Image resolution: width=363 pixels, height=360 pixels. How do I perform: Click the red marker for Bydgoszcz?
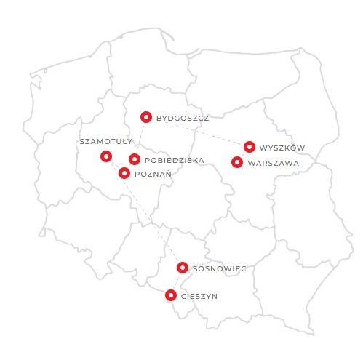point(146,116)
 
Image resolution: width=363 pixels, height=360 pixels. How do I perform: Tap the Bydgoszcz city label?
point(183,117)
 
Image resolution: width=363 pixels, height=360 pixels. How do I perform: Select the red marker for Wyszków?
point(250,147)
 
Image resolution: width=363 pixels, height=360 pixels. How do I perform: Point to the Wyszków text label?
point(282,148)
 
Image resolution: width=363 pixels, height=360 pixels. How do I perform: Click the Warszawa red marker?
point(237,162)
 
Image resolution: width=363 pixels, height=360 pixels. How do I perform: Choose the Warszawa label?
point(274,163)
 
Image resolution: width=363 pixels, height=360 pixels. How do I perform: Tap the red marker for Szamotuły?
point(106,156)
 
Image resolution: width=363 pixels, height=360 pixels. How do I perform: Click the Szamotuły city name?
point(106,141)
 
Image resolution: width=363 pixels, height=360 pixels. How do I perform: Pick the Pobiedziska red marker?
point(135,159)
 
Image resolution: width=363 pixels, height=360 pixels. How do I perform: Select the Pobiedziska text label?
point(175,160)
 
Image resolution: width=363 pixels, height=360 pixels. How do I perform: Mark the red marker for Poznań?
point(124,173)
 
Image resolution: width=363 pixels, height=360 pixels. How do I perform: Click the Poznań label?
point(153,174)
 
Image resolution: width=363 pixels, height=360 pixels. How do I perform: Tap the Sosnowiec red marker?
point(183,268)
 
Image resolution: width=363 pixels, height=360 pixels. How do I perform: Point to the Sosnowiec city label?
point(220,268)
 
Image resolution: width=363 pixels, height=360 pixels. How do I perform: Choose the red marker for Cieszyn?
point(170,295)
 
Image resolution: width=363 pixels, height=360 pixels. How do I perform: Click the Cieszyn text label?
point(199,296)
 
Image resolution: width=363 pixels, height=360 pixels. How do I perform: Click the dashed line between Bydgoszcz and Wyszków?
point(198,132)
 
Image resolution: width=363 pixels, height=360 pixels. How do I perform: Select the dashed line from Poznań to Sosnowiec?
point(153,220)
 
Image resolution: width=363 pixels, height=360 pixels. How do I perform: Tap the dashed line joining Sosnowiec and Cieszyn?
point(177,281)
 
